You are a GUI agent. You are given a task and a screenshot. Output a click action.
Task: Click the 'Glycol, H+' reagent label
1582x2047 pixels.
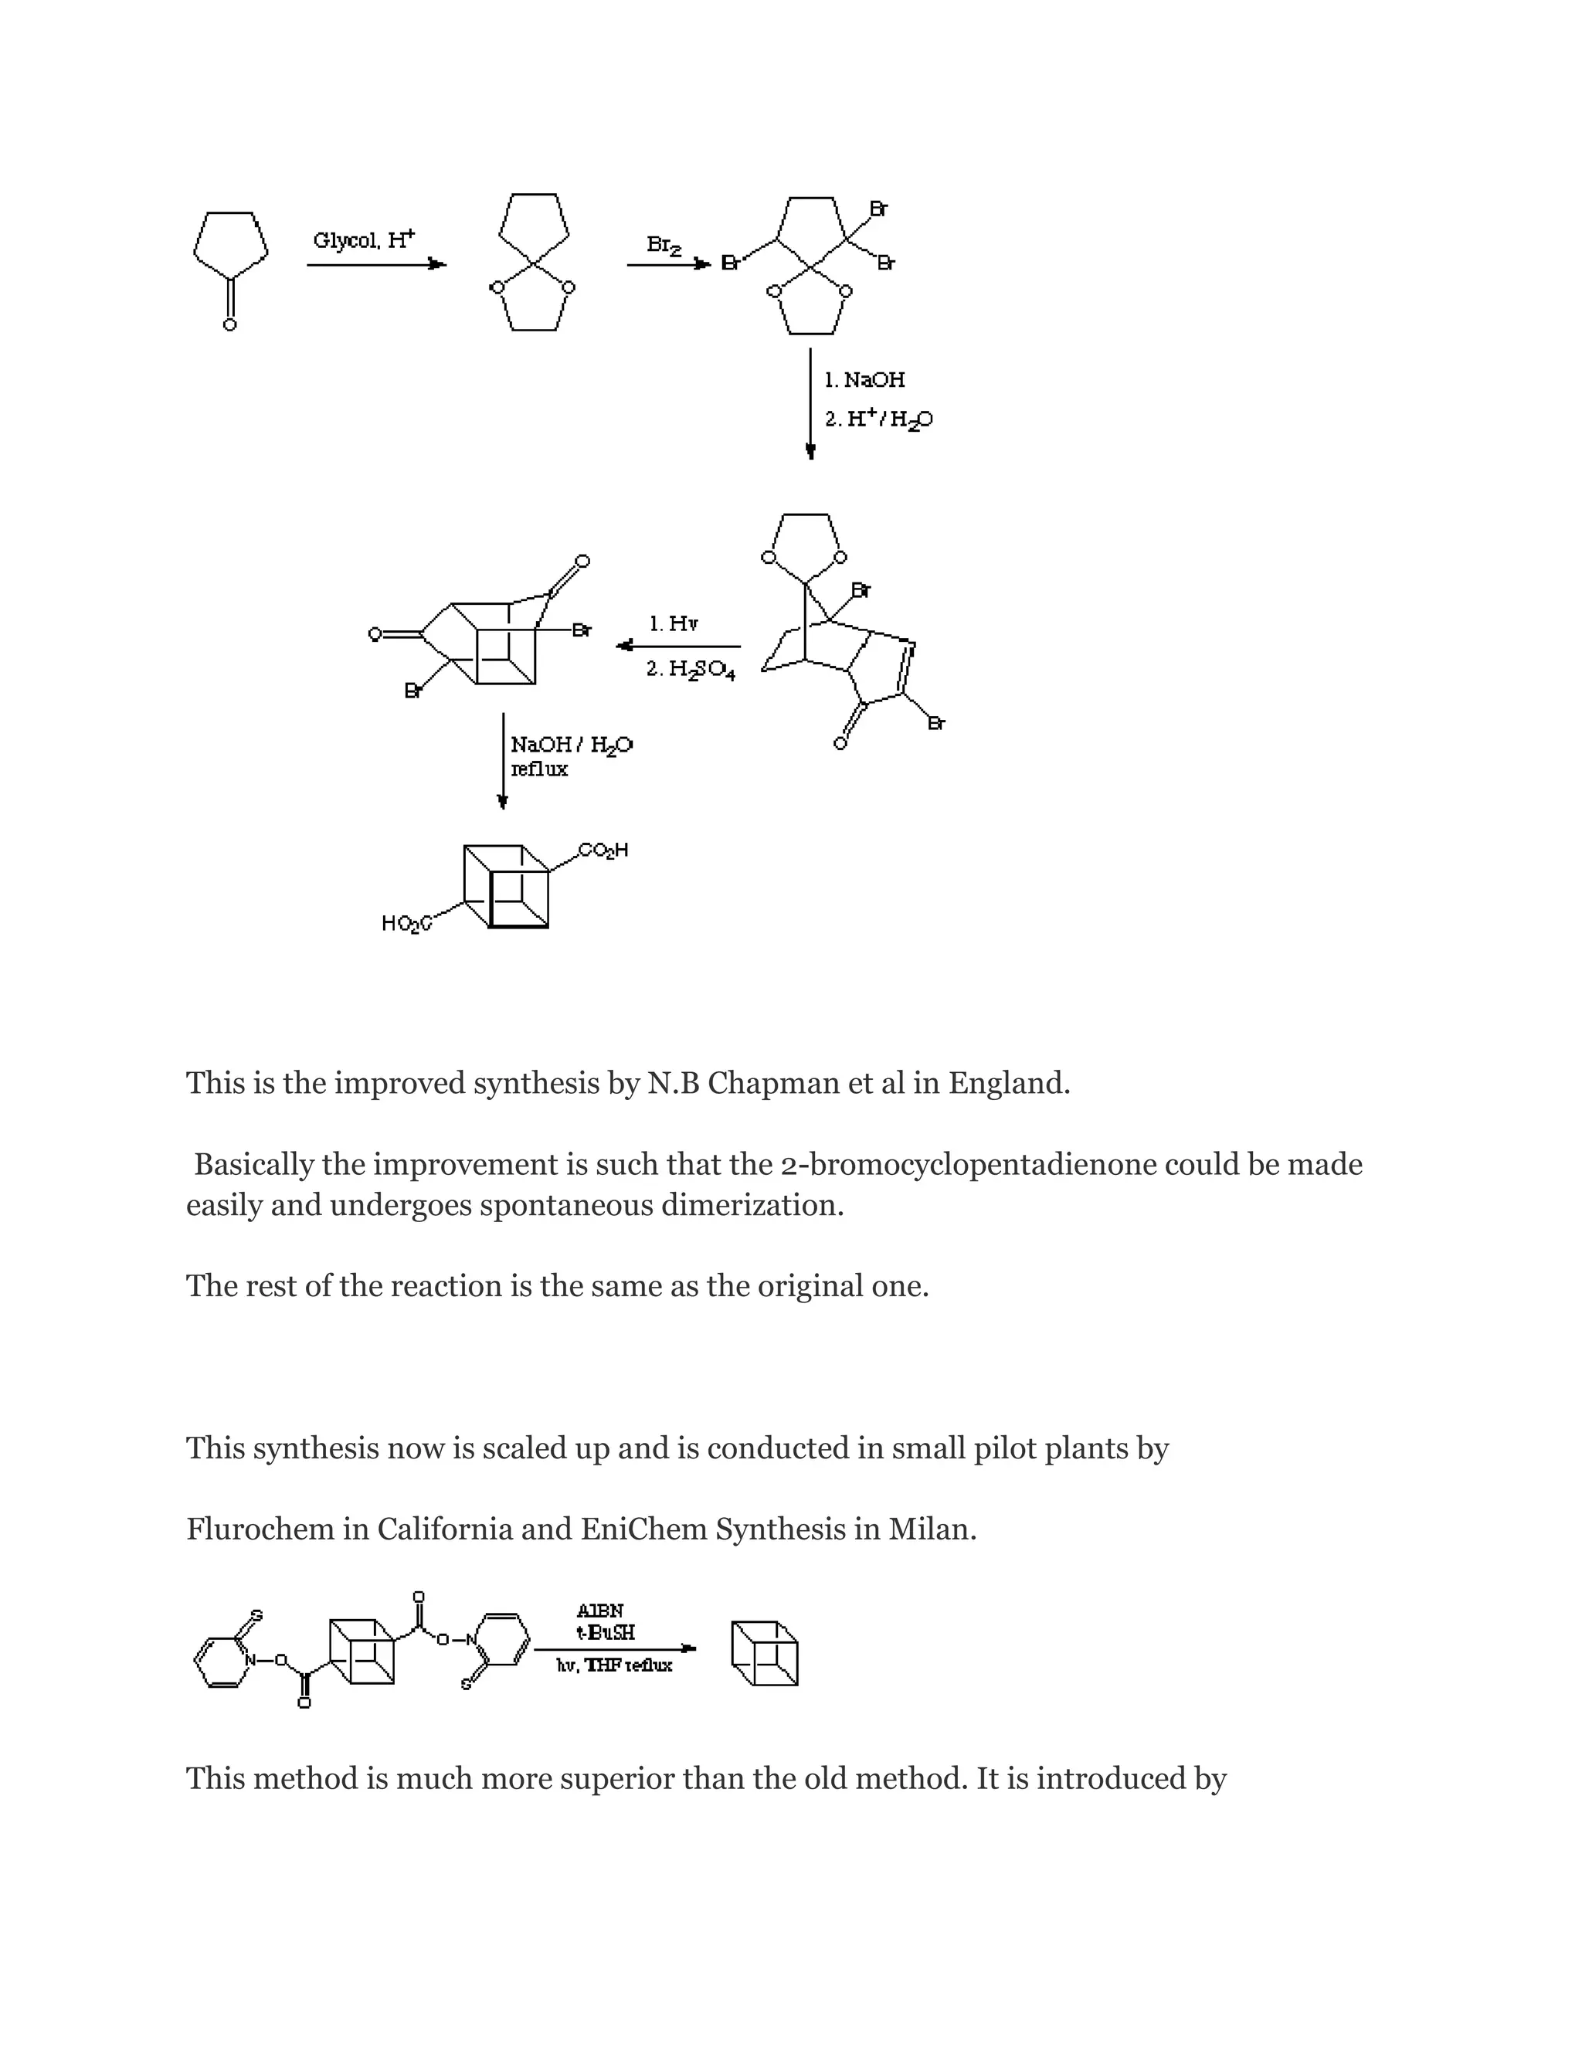tap(364, 240)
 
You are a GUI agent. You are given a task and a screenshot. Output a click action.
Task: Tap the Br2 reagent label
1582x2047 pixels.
tap(664, 246)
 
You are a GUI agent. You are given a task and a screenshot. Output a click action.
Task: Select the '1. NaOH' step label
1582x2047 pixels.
tap(864, 379)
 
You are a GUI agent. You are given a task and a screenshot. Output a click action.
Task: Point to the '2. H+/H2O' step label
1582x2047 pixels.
tap(878, 420)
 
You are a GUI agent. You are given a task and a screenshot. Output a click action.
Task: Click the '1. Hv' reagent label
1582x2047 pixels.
tap(673, 623)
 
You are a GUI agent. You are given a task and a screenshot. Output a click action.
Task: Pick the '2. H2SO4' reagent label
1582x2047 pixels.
tap(690, 671)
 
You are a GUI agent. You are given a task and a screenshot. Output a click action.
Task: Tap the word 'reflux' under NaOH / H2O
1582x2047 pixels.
tap(539, 769)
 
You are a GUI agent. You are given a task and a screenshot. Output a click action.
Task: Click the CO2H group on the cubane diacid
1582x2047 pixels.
tap(603, 851)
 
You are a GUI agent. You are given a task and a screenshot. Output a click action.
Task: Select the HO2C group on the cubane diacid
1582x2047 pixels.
tap(406, 924)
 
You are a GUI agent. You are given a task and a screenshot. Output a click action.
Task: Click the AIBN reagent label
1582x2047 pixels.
tap(599, 1611)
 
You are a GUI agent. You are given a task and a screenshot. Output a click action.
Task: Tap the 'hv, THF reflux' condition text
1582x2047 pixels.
tap(614, 1665)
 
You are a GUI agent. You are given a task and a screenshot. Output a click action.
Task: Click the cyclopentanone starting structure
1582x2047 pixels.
tap(230, 263)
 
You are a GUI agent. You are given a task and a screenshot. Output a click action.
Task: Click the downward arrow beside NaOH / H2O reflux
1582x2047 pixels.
tap(504, 760)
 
